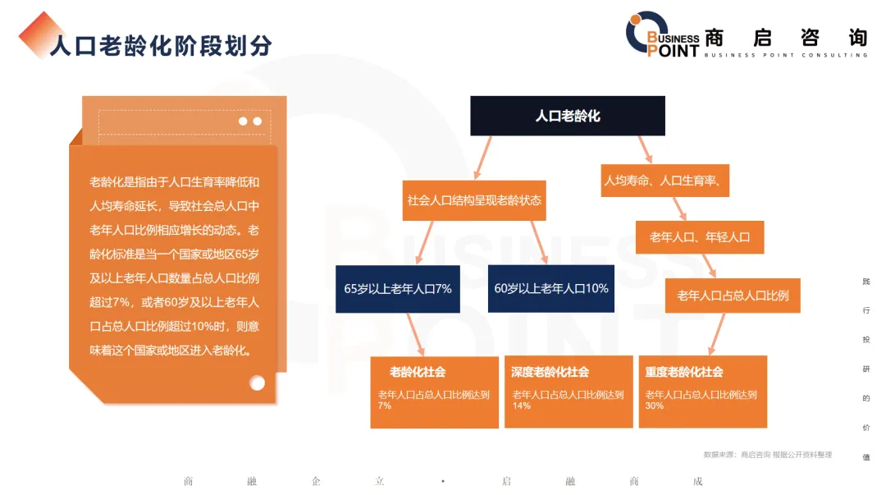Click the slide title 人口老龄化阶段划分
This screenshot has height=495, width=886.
(x=160, y=44)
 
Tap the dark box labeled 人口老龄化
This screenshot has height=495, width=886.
(x=567, y=116)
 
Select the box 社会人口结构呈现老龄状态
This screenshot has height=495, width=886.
(x=474, y=200)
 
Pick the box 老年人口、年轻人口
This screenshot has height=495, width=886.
(x=700, y=237)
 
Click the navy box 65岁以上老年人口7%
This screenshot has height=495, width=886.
(x=398, y=289)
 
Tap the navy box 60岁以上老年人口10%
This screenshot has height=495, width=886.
(x=550, y=288)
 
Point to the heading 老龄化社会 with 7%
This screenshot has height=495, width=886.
(x=418, y=373)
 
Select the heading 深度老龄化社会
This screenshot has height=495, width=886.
(x=550, y=373)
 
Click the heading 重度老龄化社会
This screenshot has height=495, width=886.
(x=684, y=373)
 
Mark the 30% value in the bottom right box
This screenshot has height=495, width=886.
(x=654, y=406)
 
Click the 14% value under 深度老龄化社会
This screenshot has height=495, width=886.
(x=521, y=406)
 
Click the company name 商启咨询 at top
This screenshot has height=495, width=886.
(x=785, y=37)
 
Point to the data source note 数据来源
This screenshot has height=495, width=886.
(x=767, y=455)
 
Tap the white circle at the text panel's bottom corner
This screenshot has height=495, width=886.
(x=258, y=383)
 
